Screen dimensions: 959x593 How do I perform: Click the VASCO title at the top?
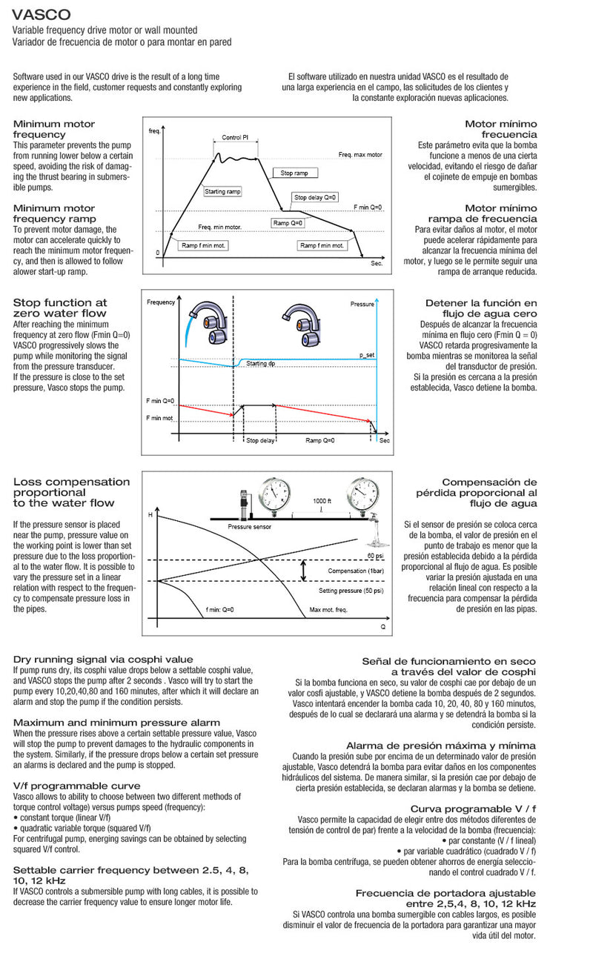click(x=42, y=14)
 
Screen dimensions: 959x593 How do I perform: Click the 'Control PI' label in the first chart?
click(x=235, y=138)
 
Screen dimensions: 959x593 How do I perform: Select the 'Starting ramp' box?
click(x=223, y=192)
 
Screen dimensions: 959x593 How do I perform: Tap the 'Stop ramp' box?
click(x=294, y=173)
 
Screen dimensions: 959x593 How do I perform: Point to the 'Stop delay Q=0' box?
click(x=316, y=197)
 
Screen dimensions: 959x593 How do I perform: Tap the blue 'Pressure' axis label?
click(x=362, y=304)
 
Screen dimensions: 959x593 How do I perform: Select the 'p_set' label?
click(x=367, y=356)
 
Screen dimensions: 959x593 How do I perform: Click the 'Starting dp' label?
click(x=261, y=364)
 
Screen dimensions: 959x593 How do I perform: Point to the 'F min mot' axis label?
click(x=159, y=419)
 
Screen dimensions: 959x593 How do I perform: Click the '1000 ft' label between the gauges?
click(x=321, y=501)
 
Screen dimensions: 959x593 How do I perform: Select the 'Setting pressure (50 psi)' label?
click(x=351, y=591)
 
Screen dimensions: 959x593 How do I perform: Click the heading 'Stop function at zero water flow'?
click(x=60, y=308)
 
